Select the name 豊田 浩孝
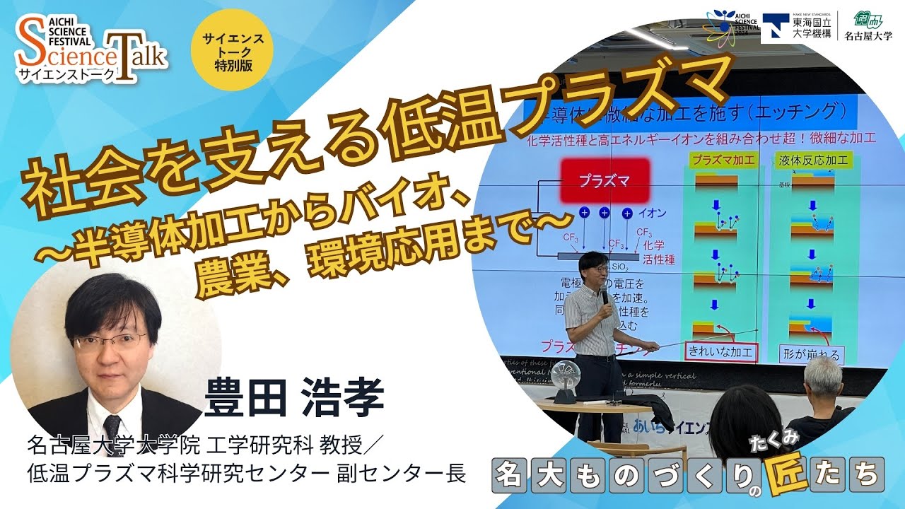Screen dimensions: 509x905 click(294, 397)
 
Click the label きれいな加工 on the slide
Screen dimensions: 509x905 click(720, 351)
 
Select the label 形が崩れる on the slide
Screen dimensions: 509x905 click(812, 353)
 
